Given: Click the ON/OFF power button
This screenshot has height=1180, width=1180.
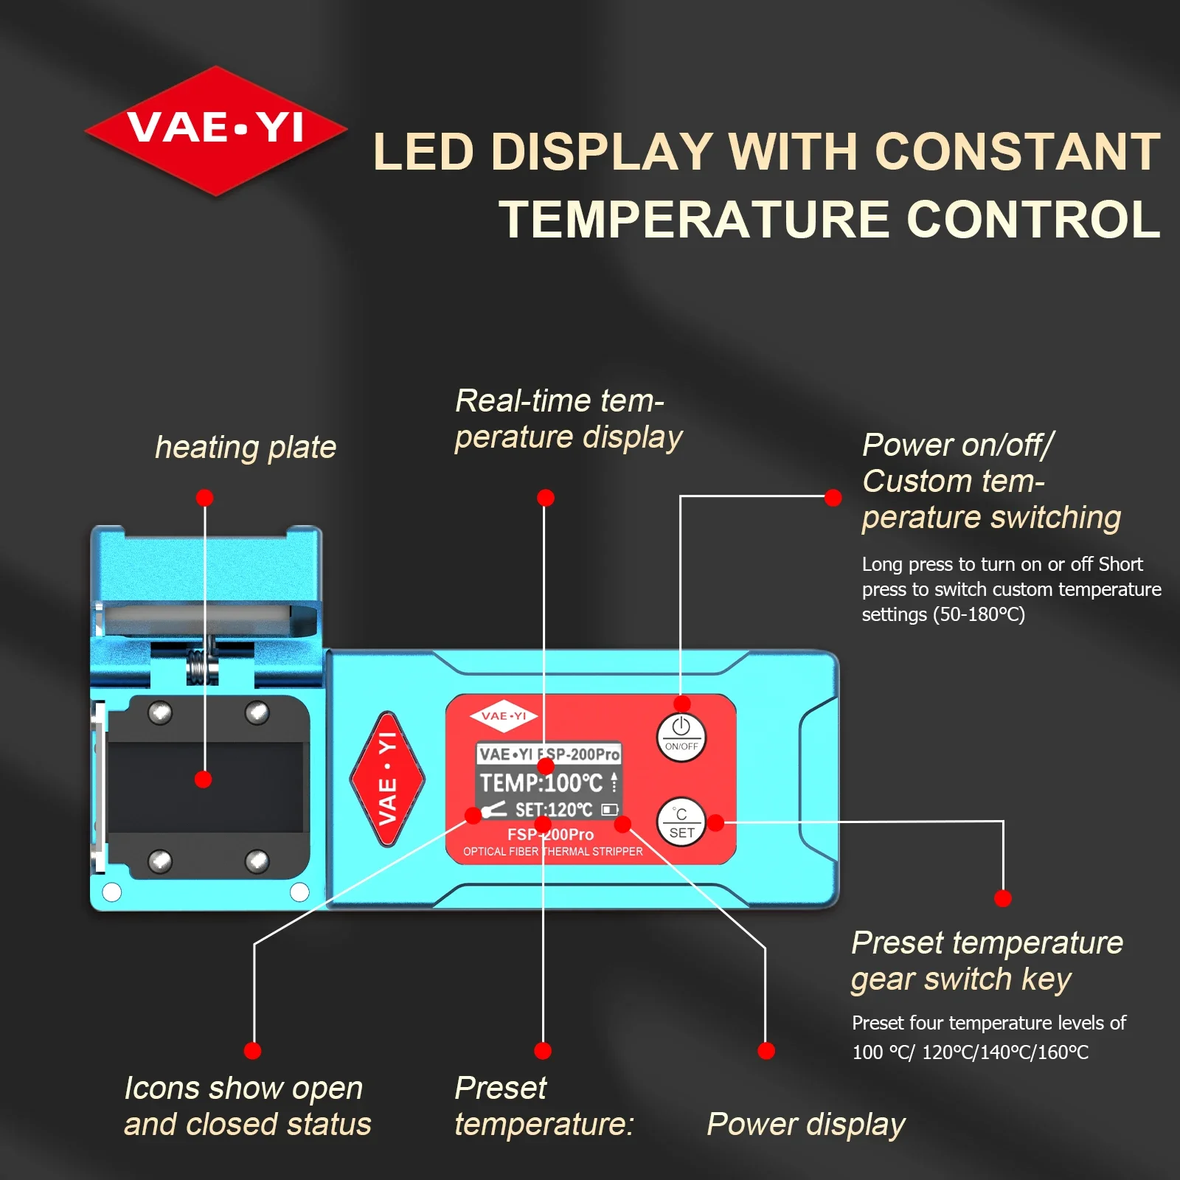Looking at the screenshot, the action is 681,737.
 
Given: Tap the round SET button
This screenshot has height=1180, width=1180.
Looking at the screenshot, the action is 681,822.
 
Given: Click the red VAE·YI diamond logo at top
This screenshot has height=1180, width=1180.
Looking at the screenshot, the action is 215,131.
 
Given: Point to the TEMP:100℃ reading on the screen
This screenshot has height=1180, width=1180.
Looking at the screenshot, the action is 541,782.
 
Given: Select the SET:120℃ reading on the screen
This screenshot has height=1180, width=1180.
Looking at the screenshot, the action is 554,810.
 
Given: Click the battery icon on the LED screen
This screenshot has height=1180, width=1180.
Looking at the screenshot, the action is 610,810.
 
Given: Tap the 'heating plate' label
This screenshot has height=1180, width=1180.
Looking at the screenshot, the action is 246,448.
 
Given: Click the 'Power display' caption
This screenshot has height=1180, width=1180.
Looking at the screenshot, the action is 806,1125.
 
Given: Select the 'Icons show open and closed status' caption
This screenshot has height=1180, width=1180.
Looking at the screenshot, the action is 248,1106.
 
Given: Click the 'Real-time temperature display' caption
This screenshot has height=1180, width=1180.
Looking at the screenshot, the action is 568,419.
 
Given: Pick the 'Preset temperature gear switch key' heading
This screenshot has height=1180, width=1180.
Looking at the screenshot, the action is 987,961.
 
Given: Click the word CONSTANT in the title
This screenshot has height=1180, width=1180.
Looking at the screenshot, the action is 1018,152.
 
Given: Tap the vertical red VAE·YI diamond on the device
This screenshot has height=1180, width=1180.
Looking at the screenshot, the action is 387,779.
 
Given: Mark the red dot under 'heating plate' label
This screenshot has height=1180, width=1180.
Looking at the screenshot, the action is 205,498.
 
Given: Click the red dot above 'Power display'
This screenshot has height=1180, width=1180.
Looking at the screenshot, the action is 766,1051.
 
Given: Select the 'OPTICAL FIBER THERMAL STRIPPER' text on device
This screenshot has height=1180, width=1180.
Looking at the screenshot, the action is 553,852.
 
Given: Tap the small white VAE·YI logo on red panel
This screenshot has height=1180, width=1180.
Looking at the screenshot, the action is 504,716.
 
